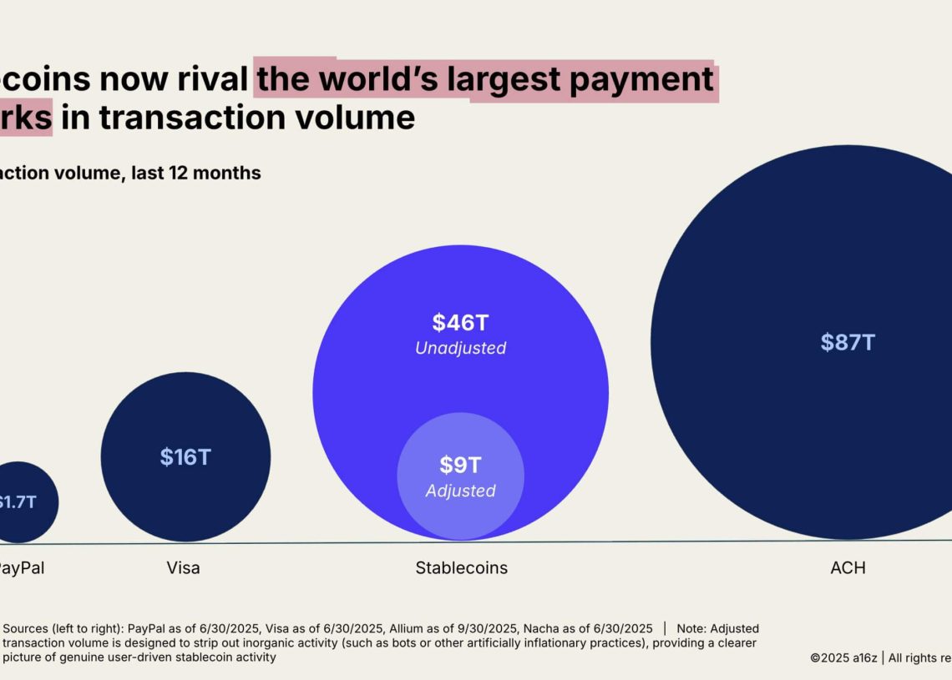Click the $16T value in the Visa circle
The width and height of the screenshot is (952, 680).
click(185, 457)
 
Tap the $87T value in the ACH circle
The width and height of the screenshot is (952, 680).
click(848, 342)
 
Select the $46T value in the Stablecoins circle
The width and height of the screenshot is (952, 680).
click(459, 322)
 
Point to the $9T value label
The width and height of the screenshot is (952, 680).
click(460, 465)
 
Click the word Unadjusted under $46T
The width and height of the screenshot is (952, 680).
click(460, 348)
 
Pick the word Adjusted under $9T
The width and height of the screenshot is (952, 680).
click(460, 491)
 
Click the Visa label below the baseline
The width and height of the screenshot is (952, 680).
click(183, 568)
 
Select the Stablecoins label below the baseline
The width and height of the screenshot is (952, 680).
click(461, 568)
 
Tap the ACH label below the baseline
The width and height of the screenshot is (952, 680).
click(848, 568)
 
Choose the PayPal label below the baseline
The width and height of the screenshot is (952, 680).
click(20, 568)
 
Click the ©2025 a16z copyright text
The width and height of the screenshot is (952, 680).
click(843, 657)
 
